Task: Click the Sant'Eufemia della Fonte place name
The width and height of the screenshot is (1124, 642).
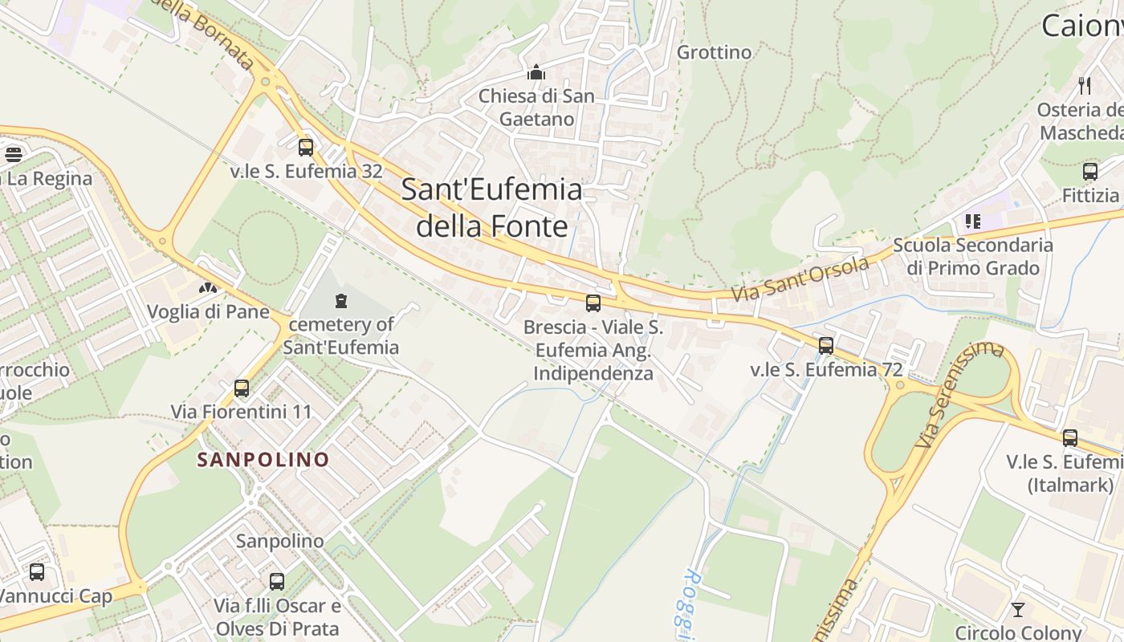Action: click(491, 208)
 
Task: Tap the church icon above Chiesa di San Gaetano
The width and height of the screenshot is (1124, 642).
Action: click(536, 73)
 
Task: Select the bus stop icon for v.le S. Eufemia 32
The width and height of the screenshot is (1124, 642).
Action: click(305, 148)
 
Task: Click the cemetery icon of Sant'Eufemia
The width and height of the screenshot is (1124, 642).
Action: click(341, 302)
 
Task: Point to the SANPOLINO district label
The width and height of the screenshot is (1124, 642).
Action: click(263, 460)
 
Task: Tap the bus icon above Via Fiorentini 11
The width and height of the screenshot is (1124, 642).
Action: click(241, 388)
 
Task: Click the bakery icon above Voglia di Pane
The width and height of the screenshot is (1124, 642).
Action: click(208, 287)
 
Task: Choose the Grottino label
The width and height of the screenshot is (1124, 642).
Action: click(715, 53)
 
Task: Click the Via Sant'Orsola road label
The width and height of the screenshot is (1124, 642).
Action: click(800, 280)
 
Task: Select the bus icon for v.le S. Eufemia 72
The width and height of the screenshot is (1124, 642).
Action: click(826, 346)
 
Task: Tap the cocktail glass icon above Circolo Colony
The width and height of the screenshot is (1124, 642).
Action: click(1018, 610)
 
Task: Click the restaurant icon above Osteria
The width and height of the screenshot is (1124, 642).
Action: click(1085, 86)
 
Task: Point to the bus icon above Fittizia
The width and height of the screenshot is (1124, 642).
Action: click(1089, 172)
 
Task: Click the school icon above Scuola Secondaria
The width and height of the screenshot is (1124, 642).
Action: click(973, 221)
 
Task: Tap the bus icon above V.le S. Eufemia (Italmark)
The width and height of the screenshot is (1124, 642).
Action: click(1070, 438)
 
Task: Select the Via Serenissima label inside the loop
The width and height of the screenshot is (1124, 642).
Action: click(960, 394)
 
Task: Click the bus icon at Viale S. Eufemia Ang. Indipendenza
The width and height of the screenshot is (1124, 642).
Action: click(593, 303)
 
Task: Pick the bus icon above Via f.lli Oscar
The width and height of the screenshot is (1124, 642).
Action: click(277, 582)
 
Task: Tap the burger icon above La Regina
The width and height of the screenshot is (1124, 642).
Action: click(13, 154)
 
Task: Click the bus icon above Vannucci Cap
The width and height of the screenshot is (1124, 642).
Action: click(37, 572)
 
